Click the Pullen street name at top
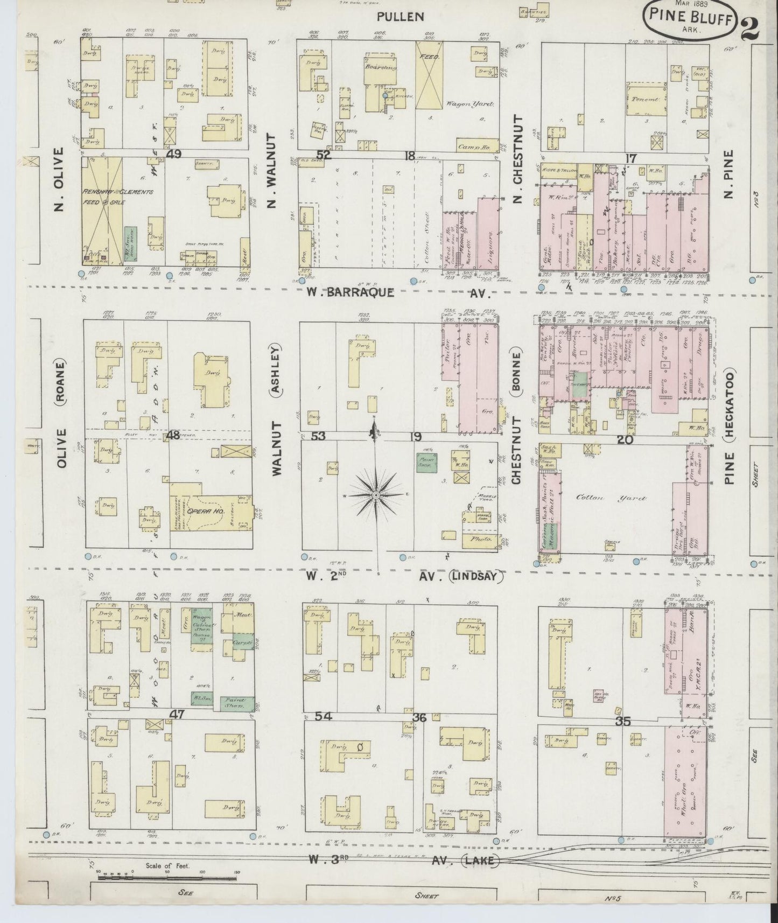(x=400, y=17)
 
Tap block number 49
(x=174, y=155)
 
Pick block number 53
(x=319, y=436)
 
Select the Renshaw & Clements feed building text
(x=118, y=197)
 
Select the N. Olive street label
(x=59, y=180)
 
